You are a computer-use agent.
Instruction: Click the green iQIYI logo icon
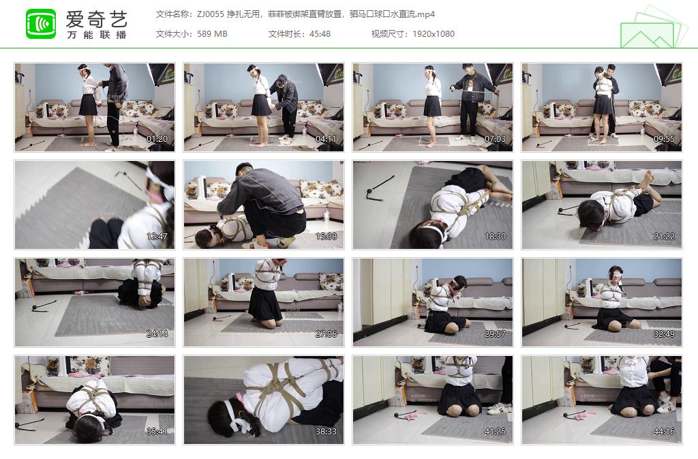click(x=41, y=24)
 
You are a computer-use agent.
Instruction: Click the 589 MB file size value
click(x=211, y=34)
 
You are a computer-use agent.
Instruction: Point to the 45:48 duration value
click(x=318, y=34)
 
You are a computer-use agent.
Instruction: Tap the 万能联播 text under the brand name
click(x=97, y=35)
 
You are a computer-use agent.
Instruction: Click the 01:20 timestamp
click(x=157, y=140)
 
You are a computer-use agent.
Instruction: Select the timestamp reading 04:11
click(x=327, y=140)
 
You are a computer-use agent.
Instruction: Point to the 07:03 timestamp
click(x=496, y=140)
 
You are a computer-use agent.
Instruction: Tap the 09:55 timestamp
click(x=665, y=140)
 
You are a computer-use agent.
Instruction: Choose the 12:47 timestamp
click(x=157, y=237)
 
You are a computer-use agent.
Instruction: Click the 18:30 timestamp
click(x=496, y=237)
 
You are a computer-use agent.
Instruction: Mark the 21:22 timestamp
click(x=665, y=237)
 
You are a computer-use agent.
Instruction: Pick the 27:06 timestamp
click(x=327, y=335)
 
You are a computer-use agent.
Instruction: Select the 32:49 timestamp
click(x=665, y=335)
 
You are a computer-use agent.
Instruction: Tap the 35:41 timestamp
click(x=157, y=432)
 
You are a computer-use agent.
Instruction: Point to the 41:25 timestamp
click(x=496, y=432)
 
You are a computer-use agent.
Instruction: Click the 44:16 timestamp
click(x=665, y=432)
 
